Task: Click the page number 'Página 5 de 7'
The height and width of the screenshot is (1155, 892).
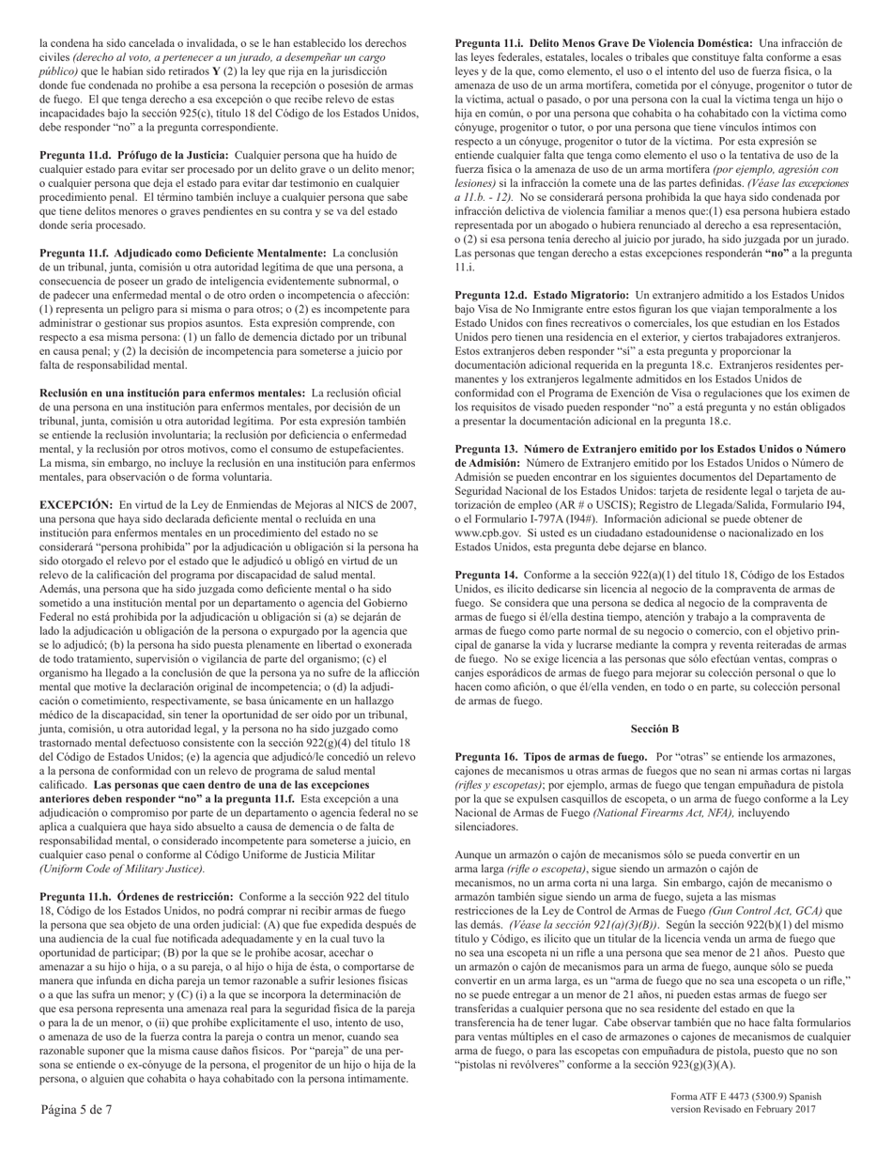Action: pyautogui.click(x=76, y=1109)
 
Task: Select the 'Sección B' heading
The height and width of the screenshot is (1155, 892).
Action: pyautogui.click(x=654, y=728)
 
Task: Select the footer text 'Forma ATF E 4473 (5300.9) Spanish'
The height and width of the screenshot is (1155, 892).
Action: pyautogui.click(x=746, y=1096)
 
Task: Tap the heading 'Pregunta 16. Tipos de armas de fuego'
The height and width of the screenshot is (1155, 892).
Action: pyautogui.click(x=550, y=756)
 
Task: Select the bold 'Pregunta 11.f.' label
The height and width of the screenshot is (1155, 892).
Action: pyautogui.click(x=70, y=253)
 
